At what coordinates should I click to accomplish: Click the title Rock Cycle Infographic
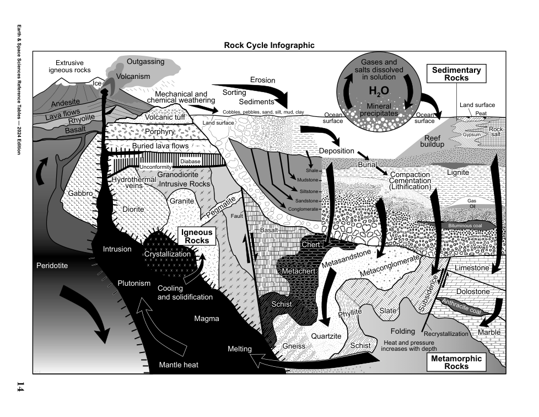coord(269,45)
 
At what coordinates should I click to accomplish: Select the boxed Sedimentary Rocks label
coord(456,74)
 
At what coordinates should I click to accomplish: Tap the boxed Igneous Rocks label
coord(197,237)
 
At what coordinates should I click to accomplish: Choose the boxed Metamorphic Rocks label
coord(456,362)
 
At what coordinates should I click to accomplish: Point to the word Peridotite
coord(52,266)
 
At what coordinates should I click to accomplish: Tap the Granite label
coord(181,201)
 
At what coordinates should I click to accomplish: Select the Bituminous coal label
coord(464,226)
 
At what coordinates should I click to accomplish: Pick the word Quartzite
coord(326,336)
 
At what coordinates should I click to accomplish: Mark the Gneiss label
coord(294,346)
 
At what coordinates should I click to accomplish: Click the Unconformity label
coord(157,167)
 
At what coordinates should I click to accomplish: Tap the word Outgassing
coord(145,61)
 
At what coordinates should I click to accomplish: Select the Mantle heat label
coord(179,365)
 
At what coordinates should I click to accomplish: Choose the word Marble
coord(489,333)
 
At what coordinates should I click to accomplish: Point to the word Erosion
coord(262,80)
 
